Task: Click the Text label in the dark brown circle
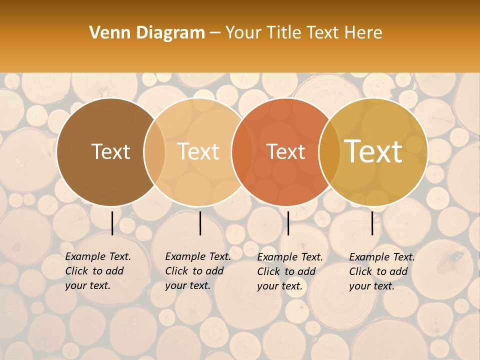110,151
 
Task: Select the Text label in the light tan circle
198,151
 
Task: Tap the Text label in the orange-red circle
285,151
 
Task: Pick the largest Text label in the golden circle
373,151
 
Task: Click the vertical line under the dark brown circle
112,223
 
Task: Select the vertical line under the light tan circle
200,223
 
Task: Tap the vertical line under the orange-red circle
288,223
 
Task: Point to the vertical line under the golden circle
372,223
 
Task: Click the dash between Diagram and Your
215,33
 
